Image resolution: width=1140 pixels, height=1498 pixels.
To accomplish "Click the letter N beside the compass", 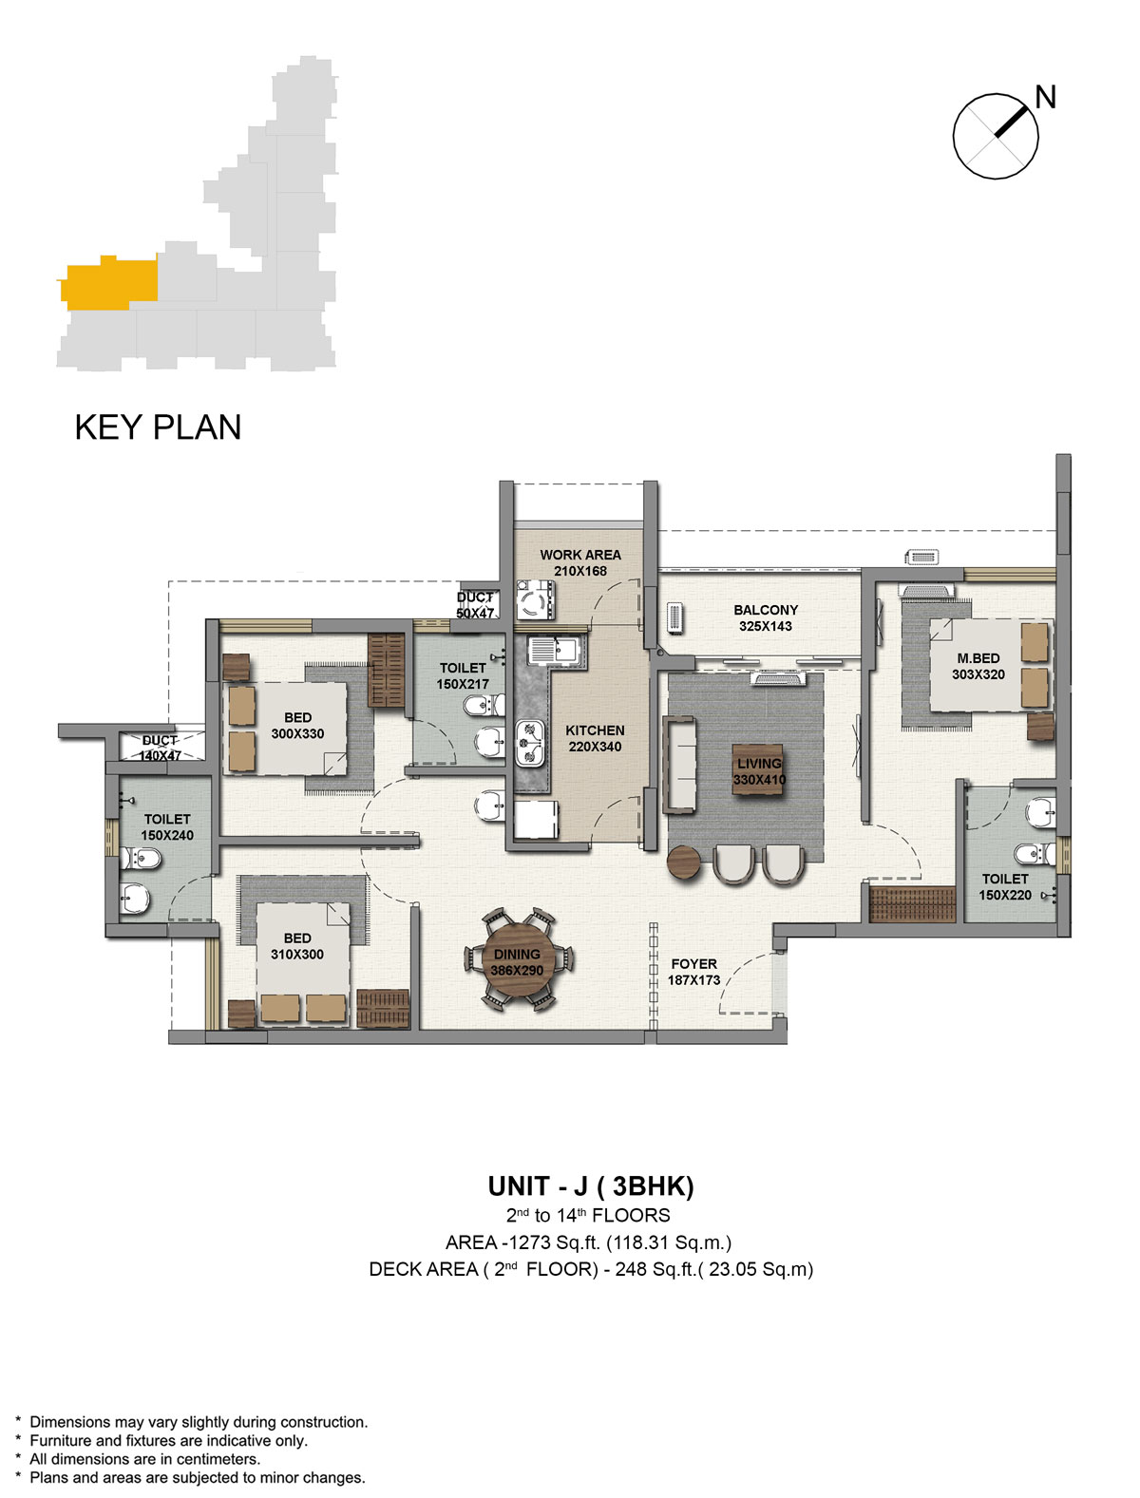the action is tap(1044, 97).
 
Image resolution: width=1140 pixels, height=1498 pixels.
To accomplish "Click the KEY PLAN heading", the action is tap(158, 427).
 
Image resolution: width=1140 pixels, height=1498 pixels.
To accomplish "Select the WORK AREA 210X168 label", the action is tap(579, 562).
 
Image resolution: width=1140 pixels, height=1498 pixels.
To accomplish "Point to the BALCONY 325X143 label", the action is tap(766, 617).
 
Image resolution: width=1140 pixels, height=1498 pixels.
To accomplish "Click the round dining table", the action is tap(517, 961).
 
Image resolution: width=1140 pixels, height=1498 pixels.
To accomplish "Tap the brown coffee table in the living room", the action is tap(758, 768).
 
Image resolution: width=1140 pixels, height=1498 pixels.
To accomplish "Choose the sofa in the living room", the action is tap(679, 765).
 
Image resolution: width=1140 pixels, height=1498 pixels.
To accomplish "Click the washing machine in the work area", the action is tap(536, 599).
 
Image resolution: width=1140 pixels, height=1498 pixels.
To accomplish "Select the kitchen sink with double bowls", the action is tap(530, 743).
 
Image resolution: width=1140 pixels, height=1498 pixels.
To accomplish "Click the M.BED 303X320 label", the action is tap(978, 666).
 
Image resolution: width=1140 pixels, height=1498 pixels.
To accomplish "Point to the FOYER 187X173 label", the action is tap(693, 972).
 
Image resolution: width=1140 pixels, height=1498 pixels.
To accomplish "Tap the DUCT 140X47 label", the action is tap(160, 748).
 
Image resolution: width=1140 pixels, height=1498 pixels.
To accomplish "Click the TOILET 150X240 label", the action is tap(167, 826).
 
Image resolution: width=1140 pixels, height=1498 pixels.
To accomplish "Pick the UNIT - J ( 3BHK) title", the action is tap(591, 1186).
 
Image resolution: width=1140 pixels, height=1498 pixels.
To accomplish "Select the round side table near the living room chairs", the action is tap(684, 862).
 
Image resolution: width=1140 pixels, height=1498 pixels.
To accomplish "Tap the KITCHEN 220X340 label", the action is tap(594, 738).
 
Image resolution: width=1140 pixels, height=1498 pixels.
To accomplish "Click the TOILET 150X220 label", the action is tap(1004, 886).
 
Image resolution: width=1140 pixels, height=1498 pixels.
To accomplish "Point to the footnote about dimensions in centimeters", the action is tap(144, 1459).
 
